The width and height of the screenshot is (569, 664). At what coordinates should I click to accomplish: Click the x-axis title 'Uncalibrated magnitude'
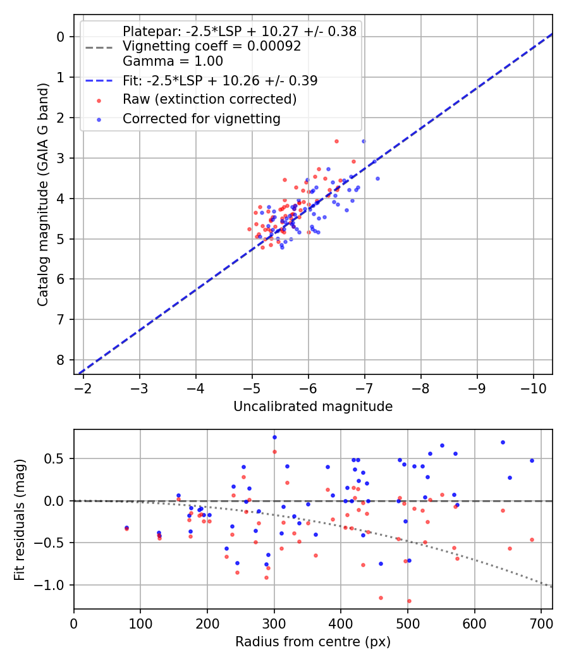[313, 407]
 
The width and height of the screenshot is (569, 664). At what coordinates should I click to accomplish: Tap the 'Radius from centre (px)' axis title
[313, 642]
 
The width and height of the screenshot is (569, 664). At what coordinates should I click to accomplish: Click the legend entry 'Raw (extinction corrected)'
[209, 99]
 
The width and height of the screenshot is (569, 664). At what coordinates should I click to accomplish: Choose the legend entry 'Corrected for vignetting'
[202, 119]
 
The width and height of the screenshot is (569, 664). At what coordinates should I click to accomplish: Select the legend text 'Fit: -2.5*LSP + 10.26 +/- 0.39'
[220, 80]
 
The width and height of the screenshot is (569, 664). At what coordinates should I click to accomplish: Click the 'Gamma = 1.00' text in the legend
[173, 61]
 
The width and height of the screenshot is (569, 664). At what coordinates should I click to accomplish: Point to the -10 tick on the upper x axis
[532, 387]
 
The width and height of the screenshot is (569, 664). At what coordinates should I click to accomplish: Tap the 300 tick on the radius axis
[274, 622]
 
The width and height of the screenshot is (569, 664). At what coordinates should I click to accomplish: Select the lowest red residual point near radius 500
[409, 601]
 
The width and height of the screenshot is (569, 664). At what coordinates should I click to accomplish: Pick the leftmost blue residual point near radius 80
[126, 527]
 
